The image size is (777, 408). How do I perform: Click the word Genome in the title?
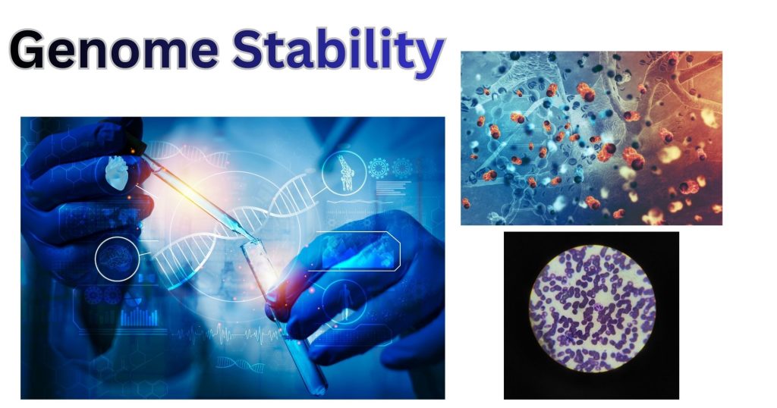[114, 50]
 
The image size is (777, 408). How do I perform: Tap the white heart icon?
[118, 173]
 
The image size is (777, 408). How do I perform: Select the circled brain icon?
[117, 259]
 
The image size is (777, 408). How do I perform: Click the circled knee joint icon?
[344, 173]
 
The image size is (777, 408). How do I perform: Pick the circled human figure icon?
[344, 300]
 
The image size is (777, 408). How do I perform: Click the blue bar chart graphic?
[140, 317]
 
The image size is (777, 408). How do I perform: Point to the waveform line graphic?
[228, 335]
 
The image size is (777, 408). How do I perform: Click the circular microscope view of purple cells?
[592, 308]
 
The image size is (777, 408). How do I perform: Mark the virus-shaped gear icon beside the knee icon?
[379, 168]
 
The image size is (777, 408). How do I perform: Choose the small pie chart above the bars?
[131, 299]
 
